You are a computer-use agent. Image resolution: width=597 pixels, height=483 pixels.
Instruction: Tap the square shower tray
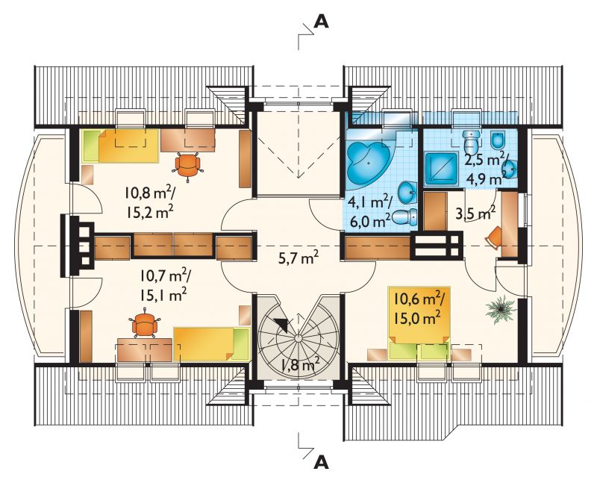tap(441, 169)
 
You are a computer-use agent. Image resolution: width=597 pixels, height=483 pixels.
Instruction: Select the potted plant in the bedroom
tap(501, 309)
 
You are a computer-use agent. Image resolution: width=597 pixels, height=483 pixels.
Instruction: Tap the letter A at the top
tap(321, 22)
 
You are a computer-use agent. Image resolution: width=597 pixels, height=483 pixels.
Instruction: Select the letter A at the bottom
tap(321, 462)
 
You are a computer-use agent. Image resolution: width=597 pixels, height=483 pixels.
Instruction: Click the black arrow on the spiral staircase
tap(281, 324)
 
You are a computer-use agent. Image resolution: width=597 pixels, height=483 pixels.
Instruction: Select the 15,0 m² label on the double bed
tap(418, 317)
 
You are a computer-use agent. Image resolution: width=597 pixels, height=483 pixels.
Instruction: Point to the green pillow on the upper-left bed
tap(90, 146)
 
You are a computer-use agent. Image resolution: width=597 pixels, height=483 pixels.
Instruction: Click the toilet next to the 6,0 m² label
tap(404, 217)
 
